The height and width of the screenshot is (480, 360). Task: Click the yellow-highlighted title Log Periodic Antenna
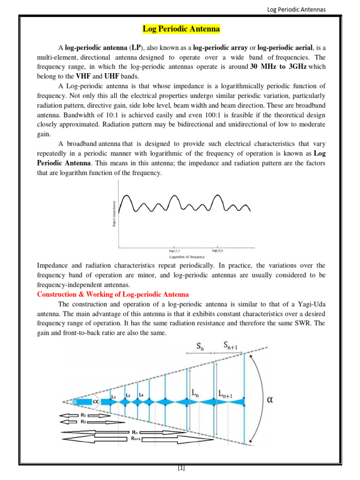pos(181,30)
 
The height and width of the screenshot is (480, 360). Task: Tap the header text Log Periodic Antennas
pos(296,9)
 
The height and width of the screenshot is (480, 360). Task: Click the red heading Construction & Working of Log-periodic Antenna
pos(112,294)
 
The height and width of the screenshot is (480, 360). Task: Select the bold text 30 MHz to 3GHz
pos(278,67)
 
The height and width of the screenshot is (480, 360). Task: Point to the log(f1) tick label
pos(175,251)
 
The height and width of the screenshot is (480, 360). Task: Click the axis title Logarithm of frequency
pos(187,257)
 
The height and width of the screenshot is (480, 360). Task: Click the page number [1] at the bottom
pos(181,468)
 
